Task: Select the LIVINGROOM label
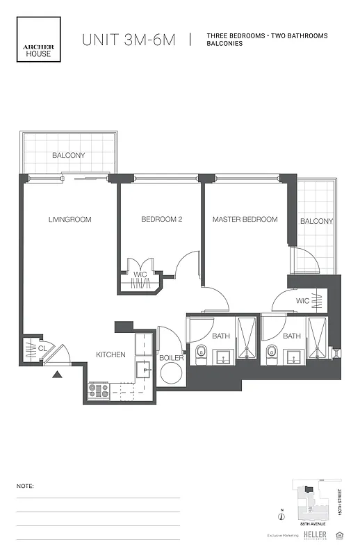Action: (69, 220)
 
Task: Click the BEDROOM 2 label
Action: (161, 220)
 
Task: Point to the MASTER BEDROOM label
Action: (245, 220)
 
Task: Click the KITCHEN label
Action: (111, 355)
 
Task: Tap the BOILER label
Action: (172, 358)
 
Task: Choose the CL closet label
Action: (42, 347)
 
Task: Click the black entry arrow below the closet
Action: (57, 375)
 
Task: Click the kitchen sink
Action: (144, 369)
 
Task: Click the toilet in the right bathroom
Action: (270, 352)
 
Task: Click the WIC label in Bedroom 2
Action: (140, 275)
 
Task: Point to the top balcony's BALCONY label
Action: (68, 156)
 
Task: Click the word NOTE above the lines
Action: (25, 486)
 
